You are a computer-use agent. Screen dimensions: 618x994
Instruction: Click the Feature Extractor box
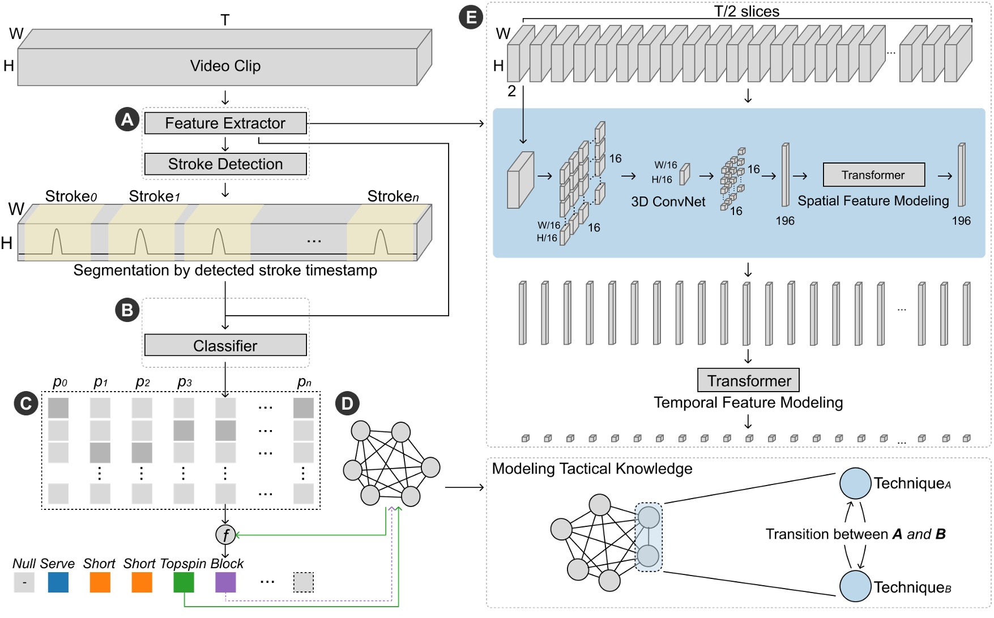pyautogui.click(x=225, y=123)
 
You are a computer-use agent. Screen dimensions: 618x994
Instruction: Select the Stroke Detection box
pyautogui.click(x=225, y=164)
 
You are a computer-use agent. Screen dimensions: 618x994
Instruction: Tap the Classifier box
pyautogui.click(x=225, y=345)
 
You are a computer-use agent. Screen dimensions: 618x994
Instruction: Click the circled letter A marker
pyautogui.click(x=127, y=119)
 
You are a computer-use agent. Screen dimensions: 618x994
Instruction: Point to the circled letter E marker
pyautogui.click(x=471, y=17)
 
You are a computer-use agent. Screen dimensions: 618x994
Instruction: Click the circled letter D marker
pyautogui.click(x=347, y=404)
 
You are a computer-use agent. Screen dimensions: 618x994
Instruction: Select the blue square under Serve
pyautogui.click(x=58, y=582)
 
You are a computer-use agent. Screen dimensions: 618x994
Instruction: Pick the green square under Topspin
pyautogui.click(x=184, y=582)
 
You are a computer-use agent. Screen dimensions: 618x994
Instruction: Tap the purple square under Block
pyautogui.click(x=225, y=582)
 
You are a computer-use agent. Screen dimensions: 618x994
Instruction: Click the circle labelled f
pyautogui.click(x=225, y=534)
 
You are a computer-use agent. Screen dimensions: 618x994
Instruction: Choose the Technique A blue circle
pyautogui.click(x=855, y=483)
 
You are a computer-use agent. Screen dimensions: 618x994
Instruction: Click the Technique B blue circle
pyautogui.click(x=855, y=586)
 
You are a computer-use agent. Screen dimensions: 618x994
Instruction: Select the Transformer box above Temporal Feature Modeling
pyautogui.click(x=748, y=380)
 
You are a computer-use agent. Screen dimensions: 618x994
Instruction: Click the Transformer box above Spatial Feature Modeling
pyautogui.click(x=873, y=175)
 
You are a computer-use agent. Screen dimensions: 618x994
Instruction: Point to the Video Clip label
pyautogui.click(x=225, y=66)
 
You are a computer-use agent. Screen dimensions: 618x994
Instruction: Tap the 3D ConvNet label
pyautogui.click(x=668, y=202)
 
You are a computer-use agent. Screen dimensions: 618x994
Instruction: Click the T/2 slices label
pyautogui.click(x=746, y=11)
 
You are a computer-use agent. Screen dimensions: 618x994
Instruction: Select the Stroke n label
pyautogui.click(x=393, y=196)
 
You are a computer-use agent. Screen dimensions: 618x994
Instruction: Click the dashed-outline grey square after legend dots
pyautogui.click(x=304, y=582)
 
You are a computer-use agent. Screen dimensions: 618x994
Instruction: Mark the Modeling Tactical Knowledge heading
pyautogui.click(x=592, y=469)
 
